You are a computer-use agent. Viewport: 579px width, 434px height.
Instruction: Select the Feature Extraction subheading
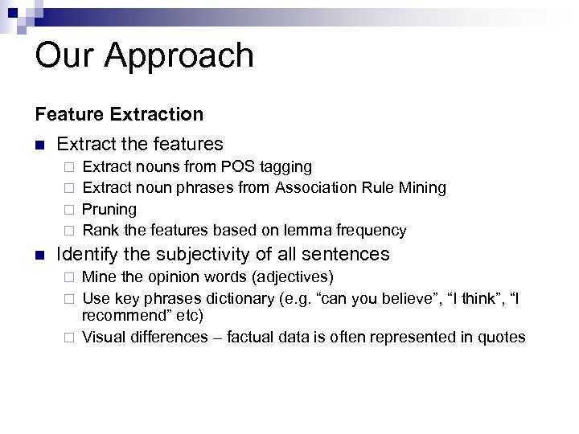click(x=119, y=115)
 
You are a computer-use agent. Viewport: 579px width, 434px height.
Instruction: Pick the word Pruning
click(x=109, y=210)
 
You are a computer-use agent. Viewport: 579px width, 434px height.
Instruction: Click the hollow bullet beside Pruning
click(x=70, y=210)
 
